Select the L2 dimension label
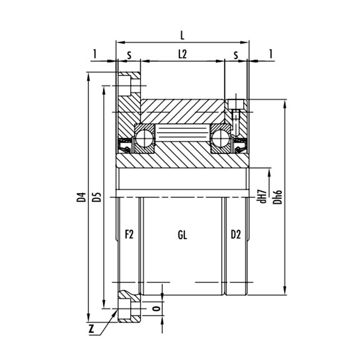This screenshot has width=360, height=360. tap(183, 54)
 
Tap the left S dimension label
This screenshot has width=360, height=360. tap(129, 54)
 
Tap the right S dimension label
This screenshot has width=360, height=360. tap(236, 54)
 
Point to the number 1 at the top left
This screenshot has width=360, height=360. tap(94, 54)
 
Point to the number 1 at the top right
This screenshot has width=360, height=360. tap(271, 54)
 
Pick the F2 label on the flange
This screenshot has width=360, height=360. tap(129, 235)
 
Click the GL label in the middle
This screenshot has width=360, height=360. tap(182, 235)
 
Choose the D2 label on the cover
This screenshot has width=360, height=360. tap(236, 235)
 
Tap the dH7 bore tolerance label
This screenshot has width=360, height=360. tap(262, 196)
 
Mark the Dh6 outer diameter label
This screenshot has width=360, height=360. tap(278, 196)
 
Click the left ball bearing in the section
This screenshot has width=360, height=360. tap(144, 138)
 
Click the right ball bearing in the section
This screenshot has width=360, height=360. tap(222, 138)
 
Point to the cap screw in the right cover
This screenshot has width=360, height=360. tap(236, 111)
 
